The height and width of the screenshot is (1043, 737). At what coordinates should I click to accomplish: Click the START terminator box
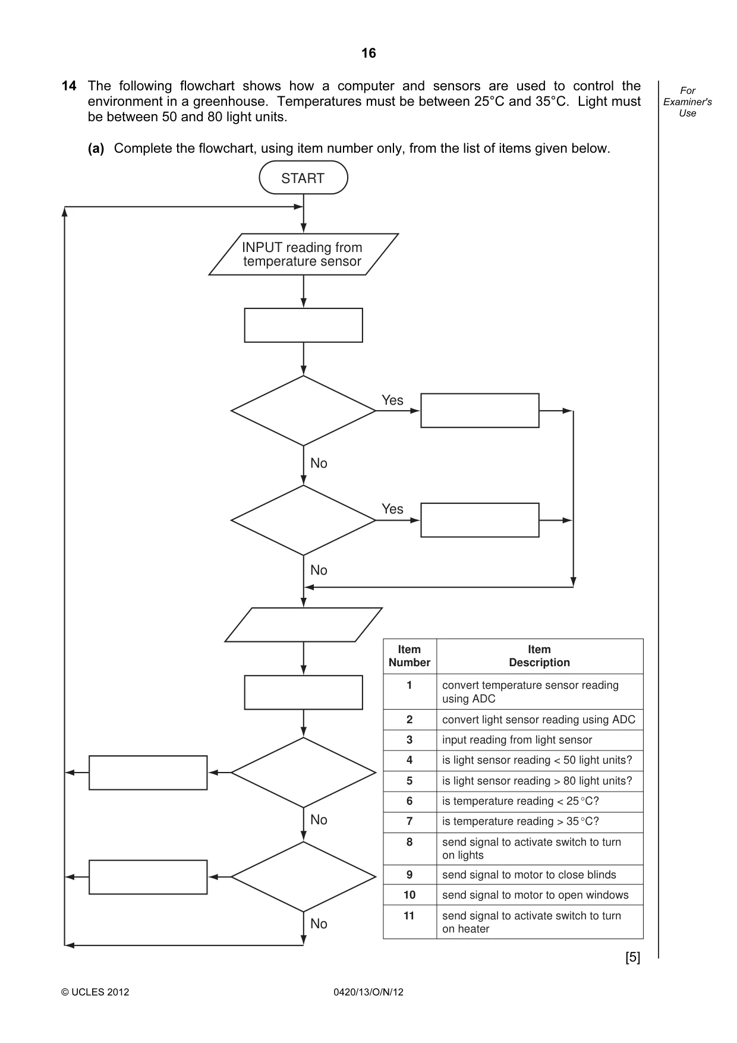click(303, 178)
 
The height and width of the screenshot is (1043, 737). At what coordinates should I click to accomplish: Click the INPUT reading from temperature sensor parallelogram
click(303, 254)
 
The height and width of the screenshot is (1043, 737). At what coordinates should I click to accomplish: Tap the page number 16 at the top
click(368, 53)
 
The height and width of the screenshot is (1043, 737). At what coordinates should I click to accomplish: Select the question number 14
click(69, 86)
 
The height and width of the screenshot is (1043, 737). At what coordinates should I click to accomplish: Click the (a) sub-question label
click(96, 149)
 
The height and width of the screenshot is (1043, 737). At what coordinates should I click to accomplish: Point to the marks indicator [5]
click(633, 957)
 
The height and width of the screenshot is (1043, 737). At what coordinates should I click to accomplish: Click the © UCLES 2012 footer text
click(95, 992)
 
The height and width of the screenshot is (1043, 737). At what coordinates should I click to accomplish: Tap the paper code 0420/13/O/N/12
click(368, 992)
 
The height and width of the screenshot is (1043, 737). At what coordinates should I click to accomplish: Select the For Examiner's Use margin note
click(688, 102)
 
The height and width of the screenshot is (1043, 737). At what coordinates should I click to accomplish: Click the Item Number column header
click(410, 656)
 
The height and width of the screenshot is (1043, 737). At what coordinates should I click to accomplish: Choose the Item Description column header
click(539, 656)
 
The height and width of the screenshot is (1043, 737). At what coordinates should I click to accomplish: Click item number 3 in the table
click(410, 740)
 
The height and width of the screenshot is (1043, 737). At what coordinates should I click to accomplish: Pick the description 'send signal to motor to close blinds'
click(529, 875)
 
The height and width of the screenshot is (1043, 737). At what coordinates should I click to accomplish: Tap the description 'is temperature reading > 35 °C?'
click(521, 821)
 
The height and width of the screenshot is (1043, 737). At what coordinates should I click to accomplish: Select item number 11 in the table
click(409, 916)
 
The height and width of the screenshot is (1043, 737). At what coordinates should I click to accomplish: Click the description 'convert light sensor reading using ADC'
click(538, 720)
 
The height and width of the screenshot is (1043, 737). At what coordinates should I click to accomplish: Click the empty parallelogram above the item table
click(303, 625)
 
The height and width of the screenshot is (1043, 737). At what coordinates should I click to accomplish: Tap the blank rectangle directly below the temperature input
click(303, 325)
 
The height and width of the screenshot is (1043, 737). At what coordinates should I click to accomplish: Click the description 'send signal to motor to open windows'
click(535, 895)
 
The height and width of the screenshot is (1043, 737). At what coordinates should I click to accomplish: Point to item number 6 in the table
click(410, 801)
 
